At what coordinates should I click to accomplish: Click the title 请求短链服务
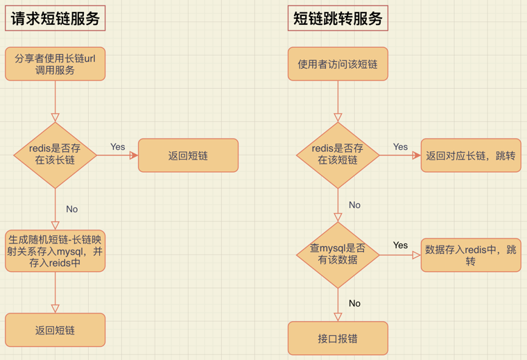55,19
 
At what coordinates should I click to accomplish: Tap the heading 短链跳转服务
338,19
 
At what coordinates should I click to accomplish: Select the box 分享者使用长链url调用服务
55,64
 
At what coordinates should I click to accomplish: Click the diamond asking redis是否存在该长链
55,155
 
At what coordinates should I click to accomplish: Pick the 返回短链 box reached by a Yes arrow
188,155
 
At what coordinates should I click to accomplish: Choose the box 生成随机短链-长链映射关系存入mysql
55,251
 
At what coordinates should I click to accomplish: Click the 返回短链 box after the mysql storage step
55,330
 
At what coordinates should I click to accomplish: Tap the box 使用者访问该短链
338,64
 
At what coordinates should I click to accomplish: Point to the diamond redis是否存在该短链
338,155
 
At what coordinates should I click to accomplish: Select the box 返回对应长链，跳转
471,155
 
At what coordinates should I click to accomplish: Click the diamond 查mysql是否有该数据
338,255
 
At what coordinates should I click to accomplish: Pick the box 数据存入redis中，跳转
471,255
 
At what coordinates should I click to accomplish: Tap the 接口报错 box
338,338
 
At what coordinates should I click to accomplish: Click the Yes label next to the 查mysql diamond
400,245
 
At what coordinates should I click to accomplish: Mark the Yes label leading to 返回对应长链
400,146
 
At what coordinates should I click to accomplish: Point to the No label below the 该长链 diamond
72,209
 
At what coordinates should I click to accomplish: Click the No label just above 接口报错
354,303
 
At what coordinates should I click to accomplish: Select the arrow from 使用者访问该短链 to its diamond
338,101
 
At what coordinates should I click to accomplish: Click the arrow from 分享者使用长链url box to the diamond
55,101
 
